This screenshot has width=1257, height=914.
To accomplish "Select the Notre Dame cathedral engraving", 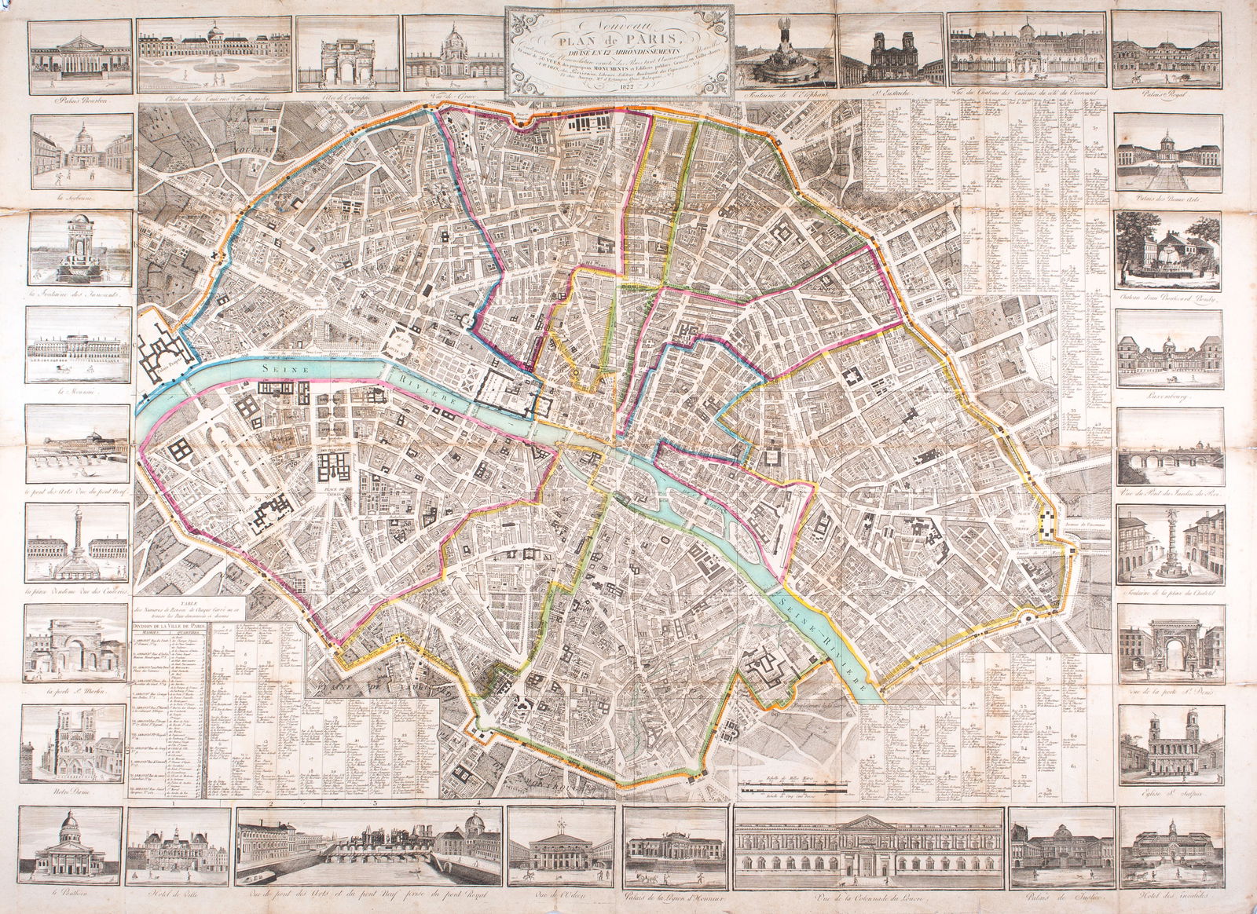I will coord(75,743).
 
